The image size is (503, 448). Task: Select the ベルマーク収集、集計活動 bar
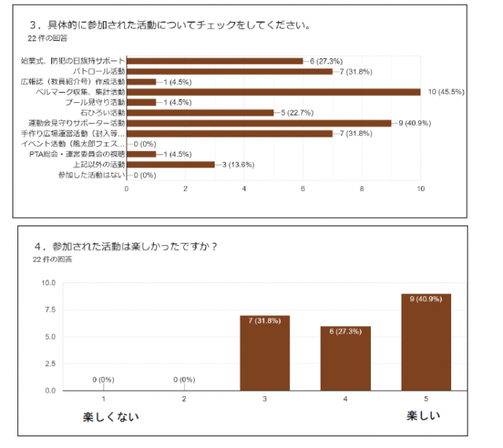point(274,92)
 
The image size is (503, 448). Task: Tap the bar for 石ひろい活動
point(200,112)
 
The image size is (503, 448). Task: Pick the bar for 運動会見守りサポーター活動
point(259,123)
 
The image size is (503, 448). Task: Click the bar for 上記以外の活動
point(171,164)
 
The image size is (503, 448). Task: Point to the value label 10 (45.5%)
point(446,92)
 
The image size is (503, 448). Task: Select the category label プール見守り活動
point(94,102)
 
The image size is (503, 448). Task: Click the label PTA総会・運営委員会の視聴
point(75,154)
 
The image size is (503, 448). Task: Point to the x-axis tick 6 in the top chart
point(303,189)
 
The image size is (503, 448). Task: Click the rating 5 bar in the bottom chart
point(425,342)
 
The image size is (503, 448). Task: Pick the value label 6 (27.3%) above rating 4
point(345,332)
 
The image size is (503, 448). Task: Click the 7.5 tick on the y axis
point(48,310)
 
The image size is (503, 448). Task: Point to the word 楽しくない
point(111,417)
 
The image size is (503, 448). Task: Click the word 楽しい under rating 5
point(423,415)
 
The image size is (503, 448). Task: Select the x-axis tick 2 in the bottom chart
point(184,400)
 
